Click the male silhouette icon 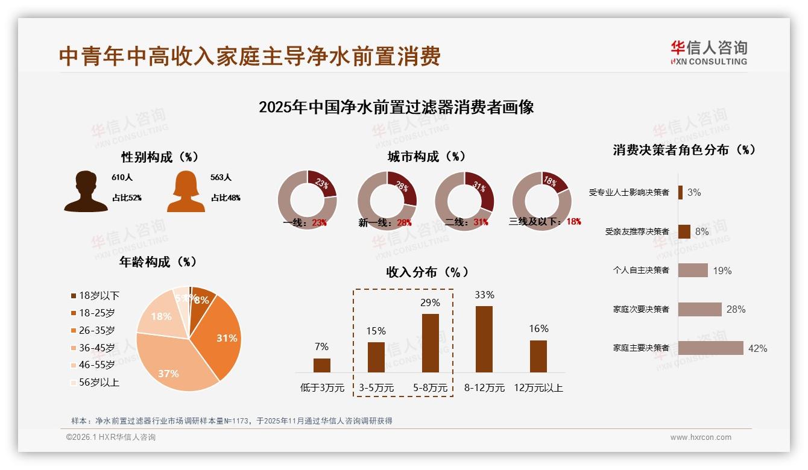pos(86,192)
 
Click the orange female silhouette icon pos(186,192)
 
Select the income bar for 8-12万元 pos(484,339)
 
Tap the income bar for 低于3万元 pos(322,365)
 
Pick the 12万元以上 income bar pos(538,356)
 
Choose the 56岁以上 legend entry pos(95,382)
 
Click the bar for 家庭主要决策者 pos(710,348)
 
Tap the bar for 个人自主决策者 pos(693,270)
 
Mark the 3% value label pos(694,192)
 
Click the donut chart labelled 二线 pos(464,200)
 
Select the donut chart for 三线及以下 pos(541,200)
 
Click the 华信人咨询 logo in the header pos(709,52)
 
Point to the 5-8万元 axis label pos(430,388)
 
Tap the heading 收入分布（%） pos(427,272)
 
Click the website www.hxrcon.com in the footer pos(701,437)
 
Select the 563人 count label pos(221,178)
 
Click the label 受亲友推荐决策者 pos(637,231)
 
